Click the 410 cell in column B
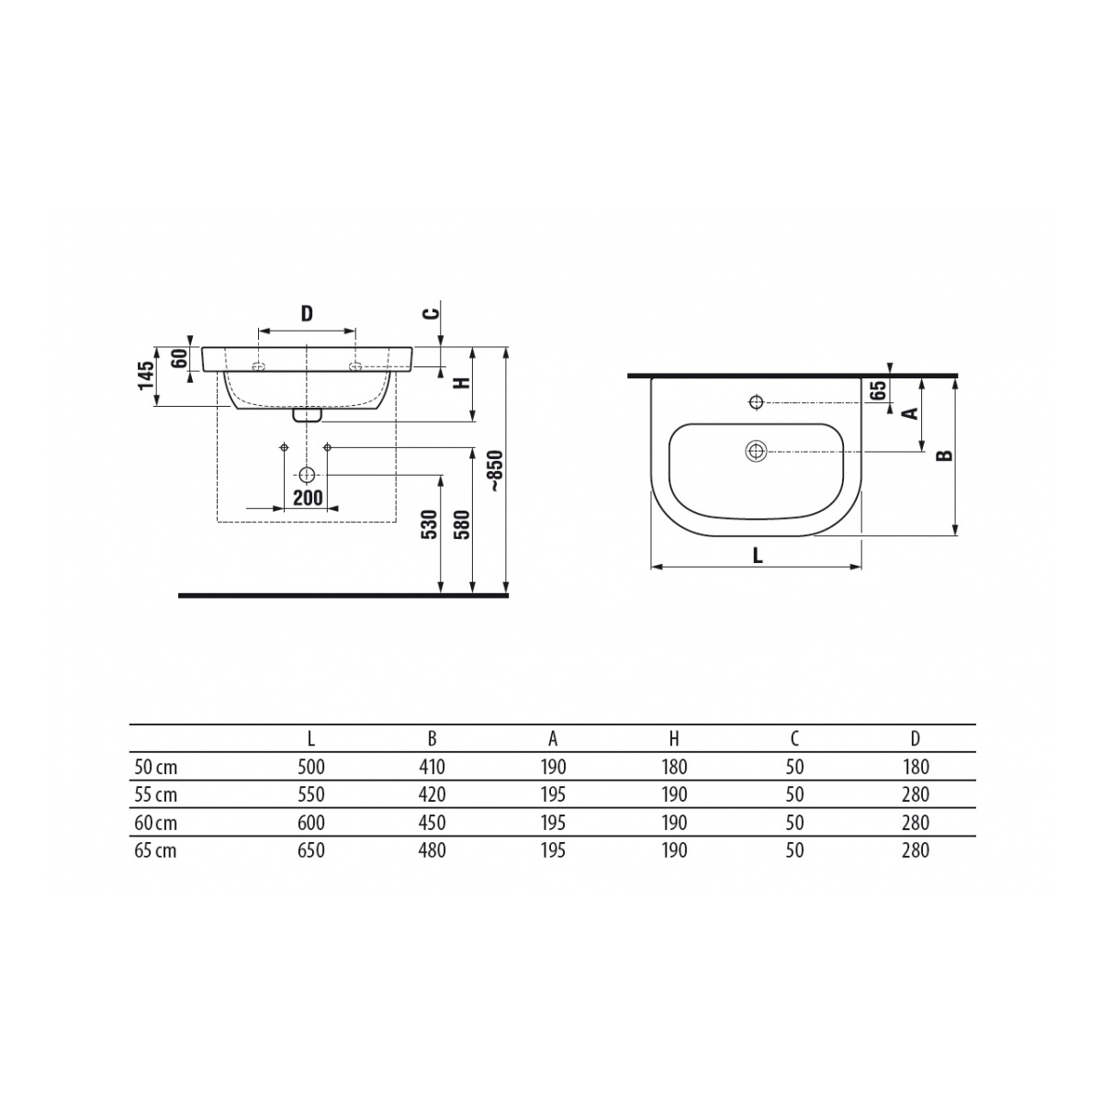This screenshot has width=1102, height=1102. click(x=432, y=767)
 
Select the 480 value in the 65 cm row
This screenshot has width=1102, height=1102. click(x=432, y=850)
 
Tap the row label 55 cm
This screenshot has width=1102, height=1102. click(x=155, y=795)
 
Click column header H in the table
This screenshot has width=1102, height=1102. click(x=674, y=739)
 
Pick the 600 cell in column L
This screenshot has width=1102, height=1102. click(x=311, y=822)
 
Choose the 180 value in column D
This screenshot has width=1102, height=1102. click(x=916, y=767)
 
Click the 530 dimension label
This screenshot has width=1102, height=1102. click(x=430, y=524)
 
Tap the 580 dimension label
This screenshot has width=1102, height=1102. click(x=462, y=524)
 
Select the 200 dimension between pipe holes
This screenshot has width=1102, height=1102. click(x=308, y=498)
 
